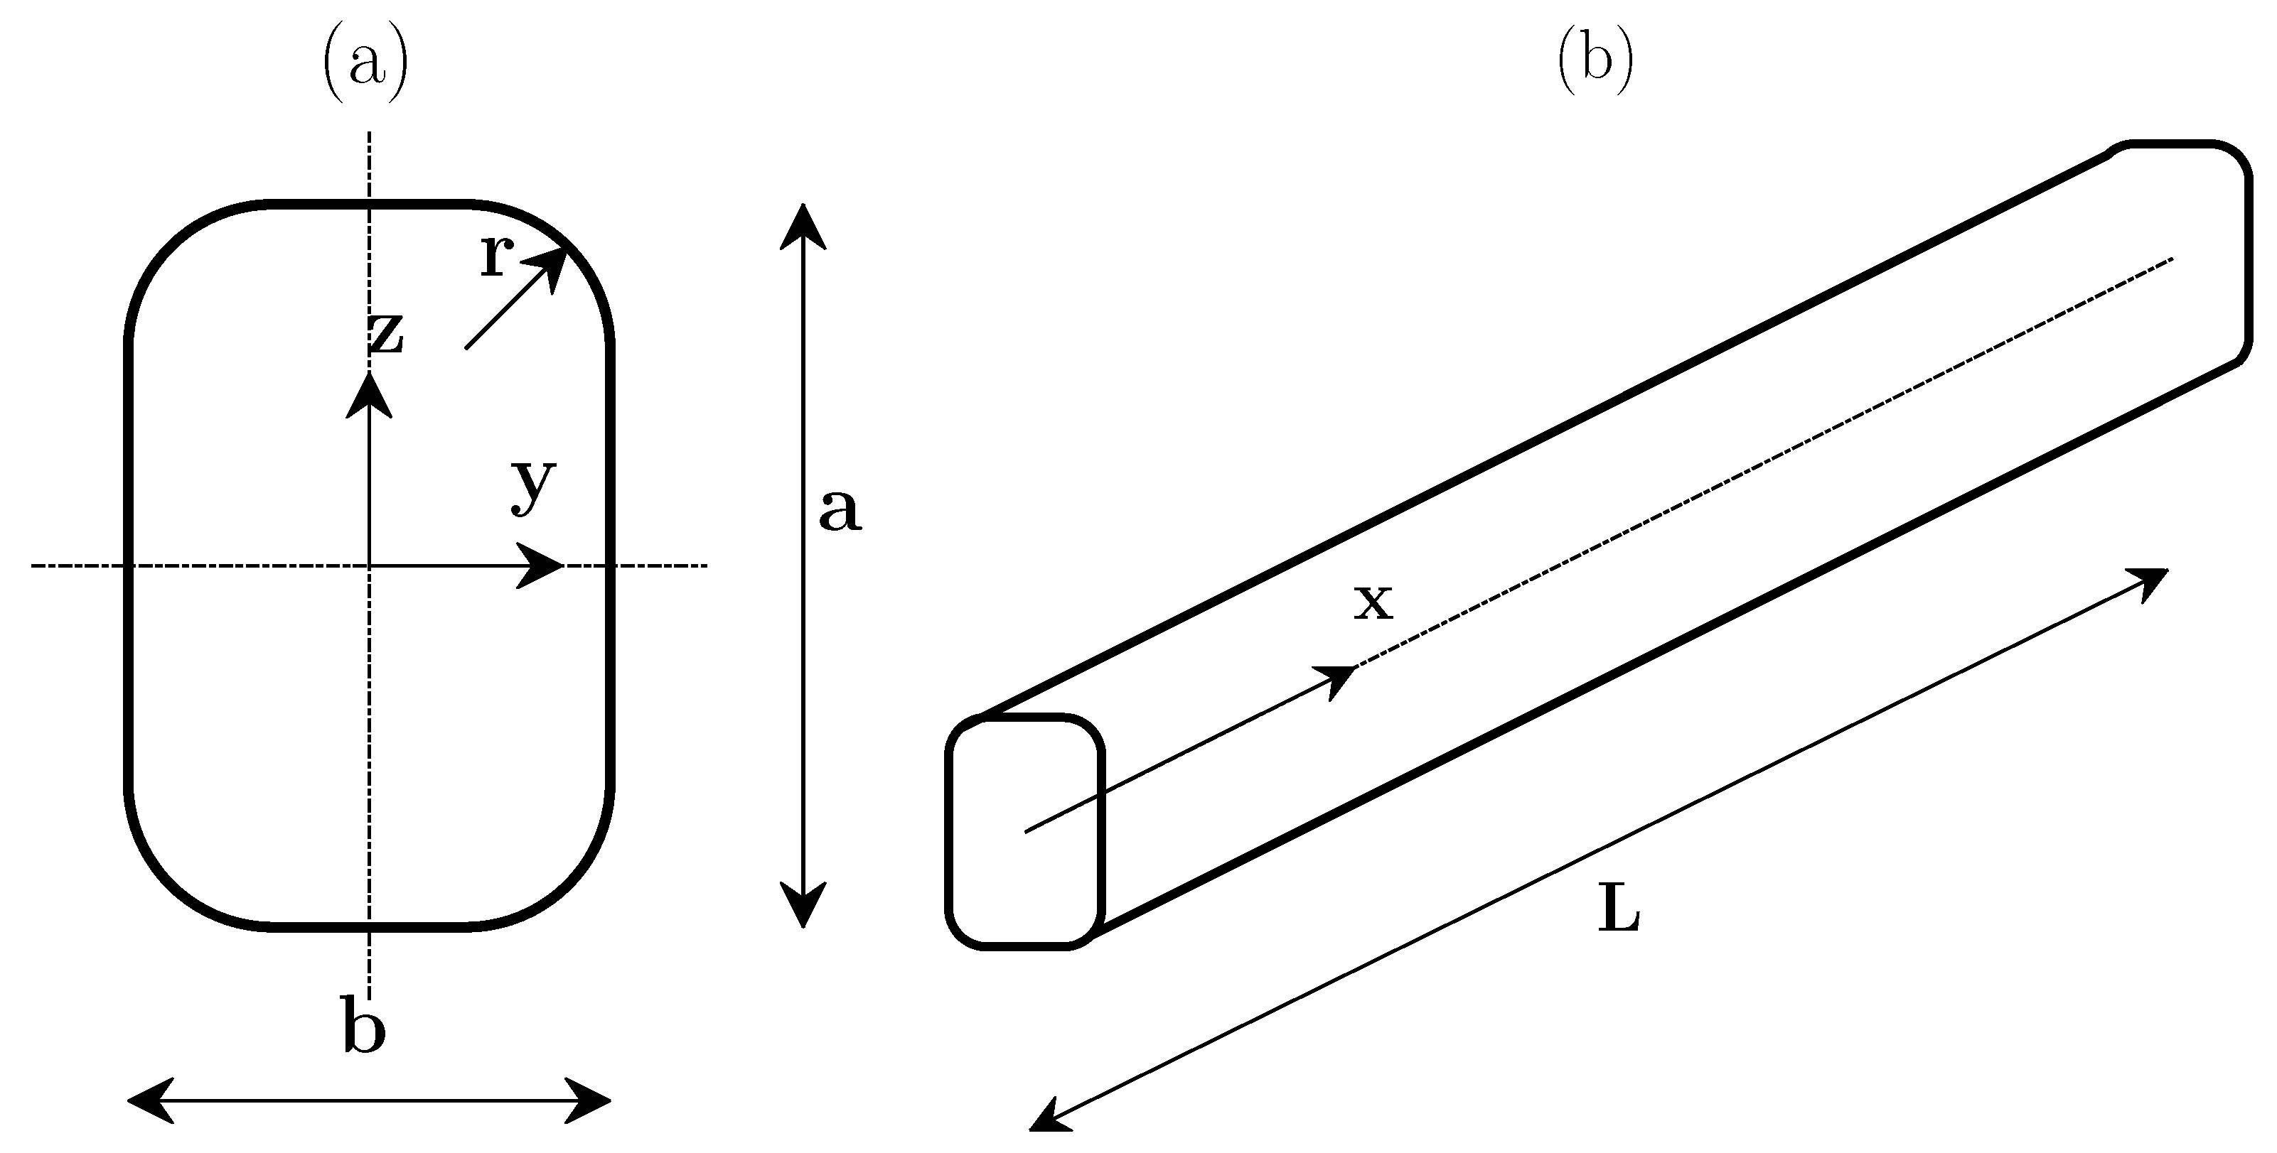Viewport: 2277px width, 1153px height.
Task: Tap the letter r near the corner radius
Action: tap(498, 257)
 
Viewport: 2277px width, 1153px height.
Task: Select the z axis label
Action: tap(386, 334)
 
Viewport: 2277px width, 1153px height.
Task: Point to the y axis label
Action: tap(534, 486)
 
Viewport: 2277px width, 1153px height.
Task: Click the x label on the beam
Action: tap(1373, 603)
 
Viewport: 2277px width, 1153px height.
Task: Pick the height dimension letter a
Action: tap(839, 510)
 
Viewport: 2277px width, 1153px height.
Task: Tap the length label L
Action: tap(1619, 910)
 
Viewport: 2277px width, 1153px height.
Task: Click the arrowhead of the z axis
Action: tap(370, 393)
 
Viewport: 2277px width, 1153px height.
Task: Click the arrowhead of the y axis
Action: tap(541, 565)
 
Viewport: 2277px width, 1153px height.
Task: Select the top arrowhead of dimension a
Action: tap(803, 224)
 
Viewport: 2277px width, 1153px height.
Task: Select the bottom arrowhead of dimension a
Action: tap(803, 906)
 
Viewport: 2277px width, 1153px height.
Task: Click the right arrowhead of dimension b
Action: tap(589, 1101)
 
